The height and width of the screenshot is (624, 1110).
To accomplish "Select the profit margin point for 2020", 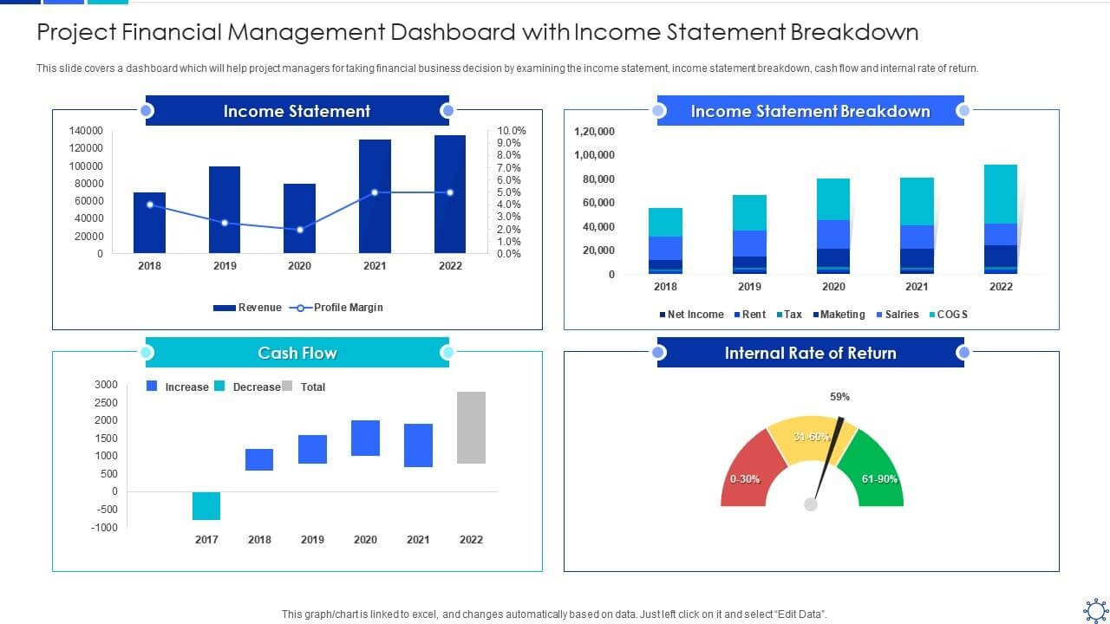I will click(300, 230).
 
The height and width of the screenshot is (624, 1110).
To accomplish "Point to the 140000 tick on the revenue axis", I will click(86, 131).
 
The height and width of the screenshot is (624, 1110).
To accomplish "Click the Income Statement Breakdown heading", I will click(810, 111).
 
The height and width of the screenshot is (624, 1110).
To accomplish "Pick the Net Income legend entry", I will click(691, 315).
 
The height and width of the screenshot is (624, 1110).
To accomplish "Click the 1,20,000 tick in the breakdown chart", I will click(594, 132).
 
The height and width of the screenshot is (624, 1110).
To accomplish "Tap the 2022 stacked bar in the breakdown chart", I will click(1001, 219).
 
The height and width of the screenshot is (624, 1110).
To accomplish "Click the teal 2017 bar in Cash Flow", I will click(206, 505).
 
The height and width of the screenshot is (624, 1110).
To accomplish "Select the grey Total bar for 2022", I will click(471, 427).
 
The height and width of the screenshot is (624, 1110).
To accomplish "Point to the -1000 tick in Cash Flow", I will click(104, 528).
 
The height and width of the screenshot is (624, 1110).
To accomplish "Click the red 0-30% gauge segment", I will click(747, 472).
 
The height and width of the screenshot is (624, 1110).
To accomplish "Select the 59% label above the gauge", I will click(839, 397).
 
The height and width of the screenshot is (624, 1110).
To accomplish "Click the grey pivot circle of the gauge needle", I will click(811, 504).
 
